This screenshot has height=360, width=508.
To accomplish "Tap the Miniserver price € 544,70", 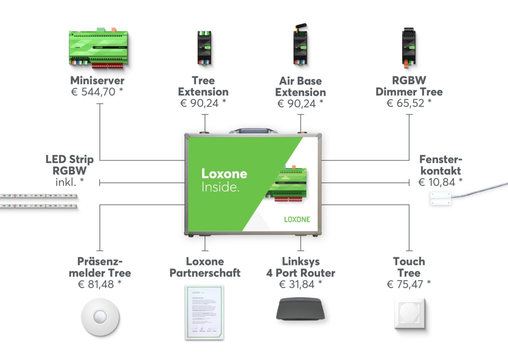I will (x=97, y=92).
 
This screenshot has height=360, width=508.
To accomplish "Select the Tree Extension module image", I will (x=205, y=48).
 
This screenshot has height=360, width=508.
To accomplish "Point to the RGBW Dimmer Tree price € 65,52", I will (x=409, y=103).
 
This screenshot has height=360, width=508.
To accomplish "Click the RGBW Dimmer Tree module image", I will (x=409, y=47).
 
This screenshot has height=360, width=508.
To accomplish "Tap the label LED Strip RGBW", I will (x=70, y=165).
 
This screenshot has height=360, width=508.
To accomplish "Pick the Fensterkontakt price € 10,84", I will (x=441, y=182).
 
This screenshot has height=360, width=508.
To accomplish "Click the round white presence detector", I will (x=100, y=317).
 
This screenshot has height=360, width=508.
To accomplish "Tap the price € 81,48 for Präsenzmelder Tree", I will (x=100, y=284).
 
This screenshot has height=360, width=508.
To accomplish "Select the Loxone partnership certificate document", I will (x=204, y=312).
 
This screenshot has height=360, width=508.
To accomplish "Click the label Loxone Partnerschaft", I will (x=205, y=267).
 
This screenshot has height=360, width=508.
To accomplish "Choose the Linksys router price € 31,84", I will (x=300, y=284).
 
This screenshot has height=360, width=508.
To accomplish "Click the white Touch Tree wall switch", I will (x=409, y=314).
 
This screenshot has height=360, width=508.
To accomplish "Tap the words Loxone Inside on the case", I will (x=224, y=180).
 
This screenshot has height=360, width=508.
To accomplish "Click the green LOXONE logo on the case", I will (x=297, y=219).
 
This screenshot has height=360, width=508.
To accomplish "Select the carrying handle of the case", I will (x=253, y=131).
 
